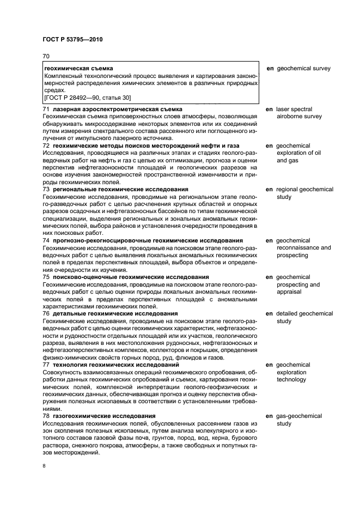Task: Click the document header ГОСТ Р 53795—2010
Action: (72, 40)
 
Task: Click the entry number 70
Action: (46, 56)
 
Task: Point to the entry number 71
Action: (46, 110)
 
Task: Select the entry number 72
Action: (46, 146)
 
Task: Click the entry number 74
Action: (46, 240)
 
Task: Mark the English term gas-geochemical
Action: (299, 416)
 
